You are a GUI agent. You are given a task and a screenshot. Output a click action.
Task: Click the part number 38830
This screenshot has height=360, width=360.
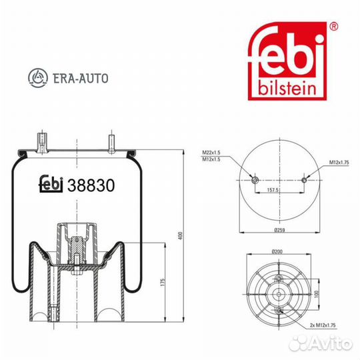[91, 185]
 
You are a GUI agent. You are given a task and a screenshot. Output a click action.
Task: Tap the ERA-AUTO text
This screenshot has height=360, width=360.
[81, 78]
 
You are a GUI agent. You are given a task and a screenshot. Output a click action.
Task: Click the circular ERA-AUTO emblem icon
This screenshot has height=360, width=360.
[38, 78]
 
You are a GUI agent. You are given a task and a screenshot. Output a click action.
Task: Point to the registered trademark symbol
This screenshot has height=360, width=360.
[333, 27]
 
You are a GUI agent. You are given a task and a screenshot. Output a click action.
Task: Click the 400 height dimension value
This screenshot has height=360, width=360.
[181, 236]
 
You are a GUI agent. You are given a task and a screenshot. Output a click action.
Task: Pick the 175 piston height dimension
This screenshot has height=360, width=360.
[163, 282]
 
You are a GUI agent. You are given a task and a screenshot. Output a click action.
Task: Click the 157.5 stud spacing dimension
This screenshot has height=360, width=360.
[273, 190]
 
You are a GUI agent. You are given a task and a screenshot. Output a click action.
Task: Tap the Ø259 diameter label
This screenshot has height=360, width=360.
[279, 230]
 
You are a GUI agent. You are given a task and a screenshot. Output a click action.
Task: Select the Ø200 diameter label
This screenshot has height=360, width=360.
[277, 251]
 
